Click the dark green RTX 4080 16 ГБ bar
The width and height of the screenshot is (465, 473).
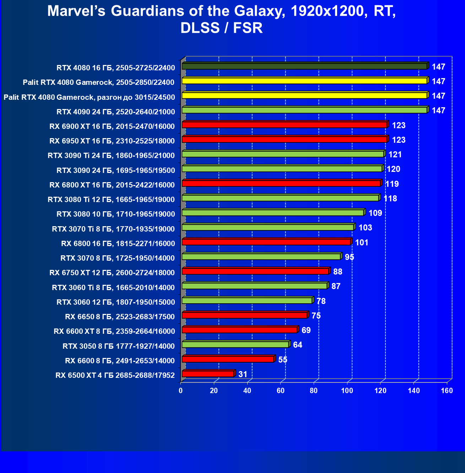click(x=304, y=66)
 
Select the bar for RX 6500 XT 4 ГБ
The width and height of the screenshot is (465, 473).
click(x=208, y=374)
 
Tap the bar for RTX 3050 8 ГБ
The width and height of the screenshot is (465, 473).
click(x=235, y=344)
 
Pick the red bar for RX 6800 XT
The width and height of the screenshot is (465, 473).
click(x=281, y=183)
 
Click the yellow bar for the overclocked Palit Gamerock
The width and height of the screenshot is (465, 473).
click(x=304, y=96)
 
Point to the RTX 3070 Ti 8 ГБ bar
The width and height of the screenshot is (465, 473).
click(x=268, y=227)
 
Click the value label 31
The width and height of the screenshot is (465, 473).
click(x=243, y=374)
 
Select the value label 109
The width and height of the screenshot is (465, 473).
click(x=375, y=213)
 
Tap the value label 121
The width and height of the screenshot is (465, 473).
click(x=395, y=154)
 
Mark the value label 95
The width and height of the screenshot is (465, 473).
click(x=349, y=257)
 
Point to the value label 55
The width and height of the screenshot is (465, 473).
click(x=282, y=360)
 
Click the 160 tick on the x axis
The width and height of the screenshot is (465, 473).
click(x=447, y=391)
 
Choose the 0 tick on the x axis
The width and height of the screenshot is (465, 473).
click(x=181, y=391)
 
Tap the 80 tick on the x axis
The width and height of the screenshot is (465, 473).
click(x=314, y=391)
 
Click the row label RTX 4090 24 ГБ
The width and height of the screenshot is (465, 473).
click(x=115, y=112)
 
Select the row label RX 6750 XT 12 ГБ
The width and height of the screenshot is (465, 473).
click(x=112, y=273)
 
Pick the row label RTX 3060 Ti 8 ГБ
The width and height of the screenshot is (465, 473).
click(x=113, y=288)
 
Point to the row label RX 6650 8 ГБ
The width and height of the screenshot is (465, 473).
click(x=120, y=317)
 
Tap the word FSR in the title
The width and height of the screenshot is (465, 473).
click(x=248, y=28)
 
